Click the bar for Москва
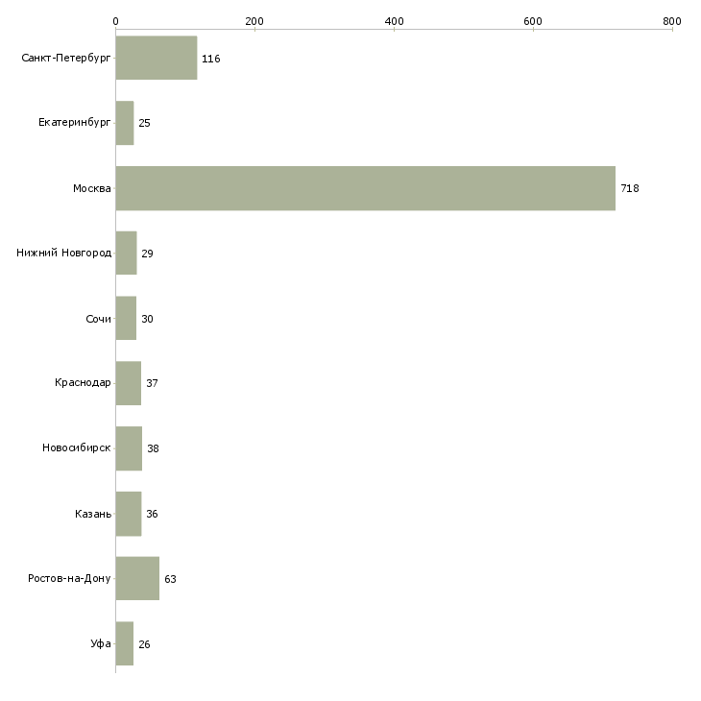[x=366, y=188]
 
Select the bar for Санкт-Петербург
[x=157, y=58]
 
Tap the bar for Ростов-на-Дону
[x=137, y=578]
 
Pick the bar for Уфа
[x=125, y=643]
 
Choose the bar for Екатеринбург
[x=125, y=123]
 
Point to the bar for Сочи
[x=126, y=318]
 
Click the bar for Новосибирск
[x=130, y=448]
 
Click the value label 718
[x=630, y=188]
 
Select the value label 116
[x=211, y=59]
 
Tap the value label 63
[x=170, y=579]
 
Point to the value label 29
[x=147, y=254]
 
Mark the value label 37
[x=152, y=383]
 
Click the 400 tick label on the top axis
[x=395, y=21]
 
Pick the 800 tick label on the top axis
[x=672, y=21]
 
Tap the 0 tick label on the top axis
[x=116, y=21]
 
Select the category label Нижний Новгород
[x=64, y=254]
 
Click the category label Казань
[x=93, y=514]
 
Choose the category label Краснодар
[x=83, y=383]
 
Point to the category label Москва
[x=91, y=188]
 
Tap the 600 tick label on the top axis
[x=533, y=21]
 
